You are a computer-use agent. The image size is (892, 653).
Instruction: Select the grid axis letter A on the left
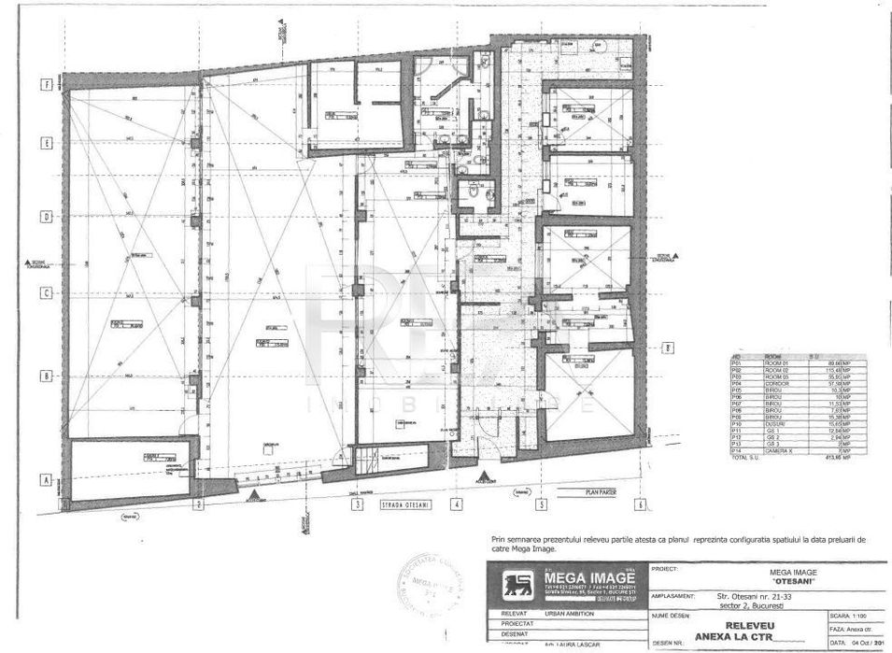click(x=44, y=480)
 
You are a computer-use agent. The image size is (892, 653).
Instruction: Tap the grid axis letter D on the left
click(x=44, y=216)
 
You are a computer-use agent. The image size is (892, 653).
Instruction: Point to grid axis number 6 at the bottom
click(x=640, y=504)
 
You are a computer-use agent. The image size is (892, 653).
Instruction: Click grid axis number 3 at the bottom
click(x=357, y=504)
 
